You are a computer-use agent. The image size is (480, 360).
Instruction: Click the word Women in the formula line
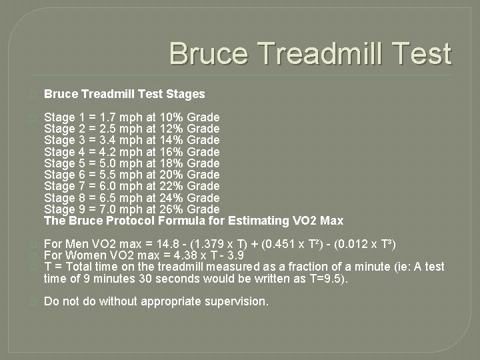86,255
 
